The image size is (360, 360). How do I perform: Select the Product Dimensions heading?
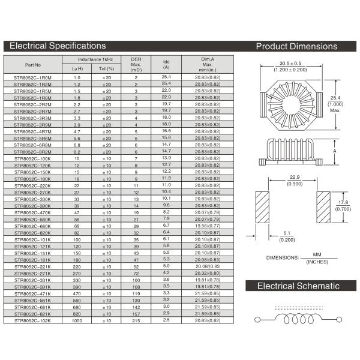(x=296, y=46)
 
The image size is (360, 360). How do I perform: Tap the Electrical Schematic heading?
(x=298, y=286)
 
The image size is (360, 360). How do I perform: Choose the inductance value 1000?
(x=77, y=320)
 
